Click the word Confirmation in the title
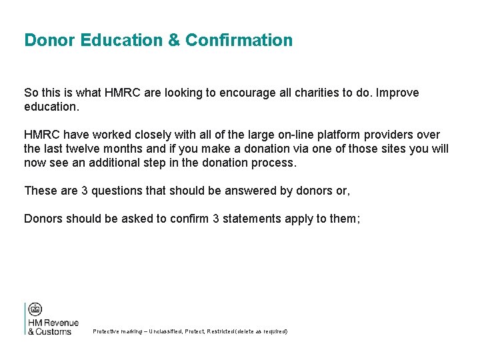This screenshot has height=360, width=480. click(x=239, y=40)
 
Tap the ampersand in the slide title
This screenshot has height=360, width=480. click(x=174, y=40)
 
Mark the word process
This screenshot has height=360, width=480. click(x=274, y=163)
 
